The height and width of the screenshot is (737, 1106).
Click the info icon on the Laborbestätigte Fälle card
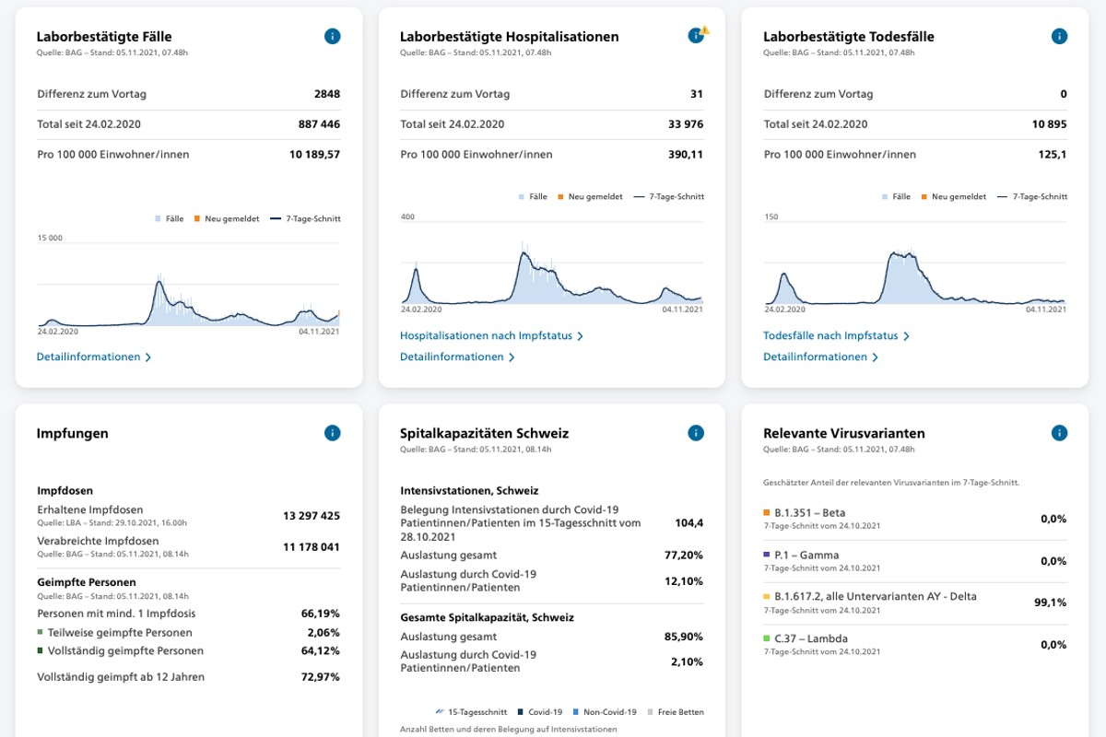tap(333, 37)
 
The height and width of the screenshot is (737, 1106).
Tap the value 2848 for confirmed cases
tap(326, 94)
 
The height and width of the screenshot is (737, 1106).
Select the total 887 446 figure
tap(314, 124)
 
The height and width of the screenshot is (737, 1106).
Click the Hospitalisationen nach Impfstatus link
tap(491, 336)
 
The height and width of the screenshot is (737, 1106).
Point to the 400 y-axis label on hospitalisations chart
tap(408, 216)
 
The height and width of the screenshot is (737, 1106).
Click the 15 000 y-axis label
tap(50, 238)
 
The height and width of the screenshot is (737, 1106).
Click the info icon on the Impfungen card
tap(333, 433)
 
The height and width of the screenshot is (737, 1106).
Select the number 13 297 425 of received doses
tap(311, 516)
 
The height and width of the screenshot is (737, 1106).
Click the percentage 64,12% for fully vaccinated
tap(321, 651)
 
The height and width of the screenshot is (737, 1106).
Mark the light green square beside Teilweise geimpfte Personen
tap(41, 633)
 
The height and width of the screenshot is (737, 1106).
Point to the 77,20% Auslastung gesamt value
tap(683, 556)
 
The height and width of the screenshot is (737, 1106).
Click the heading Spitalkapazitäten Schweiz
tap(484, 433)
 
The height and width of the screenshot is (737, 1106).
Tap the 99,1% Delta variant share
tap(1050, 602)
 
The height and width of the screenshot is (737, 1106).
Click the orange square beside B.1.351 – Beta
tap(767, 512)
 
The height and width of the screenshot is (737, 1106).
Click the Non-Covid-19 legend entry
tap(605, 712)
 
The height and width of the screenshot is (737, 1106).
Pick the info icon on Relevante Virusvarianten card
tap(1059, 433)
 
